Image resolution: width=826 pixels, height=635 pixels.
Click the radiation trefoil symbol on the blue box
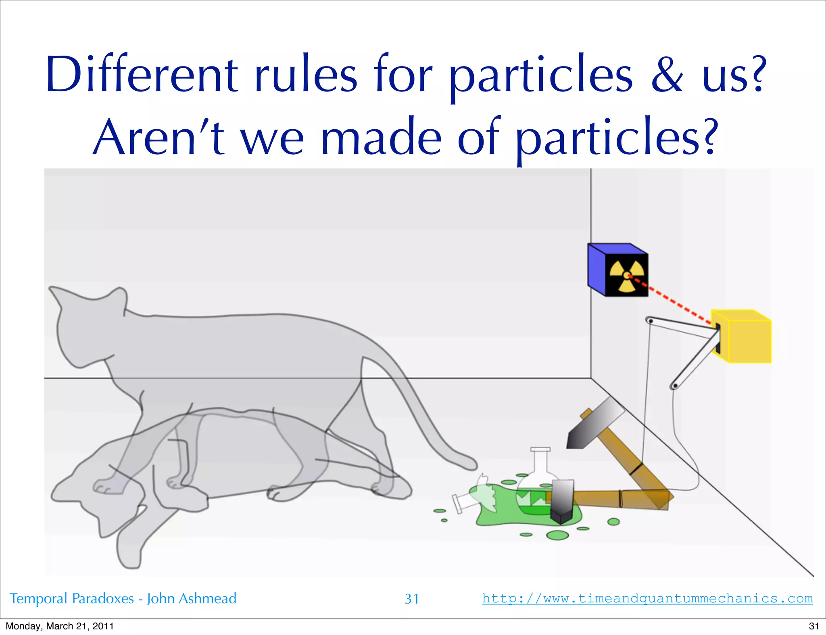pyautogui.click(x=626, y=275)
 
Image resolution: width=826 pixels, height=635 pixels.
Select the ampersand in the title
pyautogui.click(x=667, y=75)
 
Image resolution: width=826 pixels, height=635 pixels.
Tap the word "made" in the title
pyautogui.click(x=381, y=137)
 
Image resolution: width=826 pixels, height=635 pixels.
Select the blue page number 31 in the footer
pyautogui.click(x=412, y=599)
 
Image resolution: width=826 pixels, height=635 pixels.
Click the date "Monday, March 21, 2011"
pyautogui.click(x=60, y=626)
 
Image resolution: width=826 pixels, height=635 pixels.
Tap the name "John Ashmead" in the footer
pyautogui.click(x=192, y=598)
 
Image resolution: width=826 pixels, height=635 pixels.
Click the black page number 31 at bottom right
pyautogui.click(x=814, y=626)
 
